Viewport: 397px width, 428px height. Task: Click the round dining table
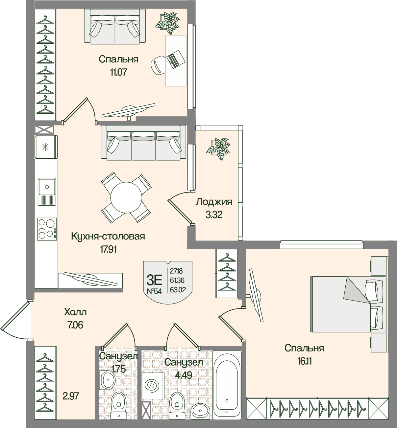(126, 197)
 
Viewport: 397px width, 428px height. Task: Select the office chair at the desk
(158, 64)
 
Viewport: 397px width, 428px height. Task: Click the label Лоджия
(214, 202)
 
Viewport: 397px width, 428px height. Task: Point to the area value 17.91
(108, 249)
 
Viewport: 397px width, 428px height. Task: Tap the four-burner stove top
(47, 229)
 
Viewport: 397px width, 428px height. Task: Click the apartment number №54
(154, 291)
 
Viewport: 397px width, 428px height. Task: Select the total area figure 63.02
(178, 290)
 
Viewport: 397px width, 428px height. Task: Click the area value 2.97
(71, 396)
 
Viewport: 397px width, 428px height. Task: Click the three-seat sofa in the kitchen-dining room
(143, 143)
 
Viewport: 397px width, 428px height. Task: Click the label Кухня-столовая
(108, 237)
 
